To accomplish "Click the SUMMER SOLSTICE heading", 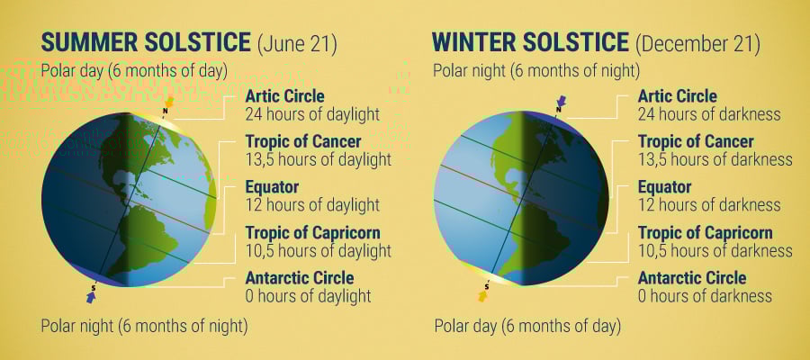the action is (146, 43).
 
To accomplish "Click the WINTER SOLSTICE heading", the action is (530, 43).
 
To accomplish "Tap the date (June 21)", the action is (297, 44).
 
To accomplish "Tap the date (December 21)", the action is (697, 44).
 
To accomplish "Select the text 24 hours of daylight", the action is (312, 114).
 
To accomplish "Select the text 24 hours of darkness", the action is (709, 114).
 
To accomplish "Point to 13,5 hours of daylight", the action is (319, 159).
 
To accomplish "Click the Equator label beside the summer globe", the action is (272, 187).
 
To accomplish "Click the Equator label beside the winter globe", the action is (665, 187).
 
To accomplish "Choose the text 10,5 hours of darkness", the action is (715, 251).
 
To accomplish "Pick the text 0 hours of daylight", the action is (308, 296).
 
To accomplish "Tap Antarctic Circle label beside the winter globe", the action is (692, 278).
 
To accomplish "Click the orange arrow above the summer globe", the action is (169, 101).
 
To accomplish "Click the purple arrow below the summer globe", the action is (92, 296).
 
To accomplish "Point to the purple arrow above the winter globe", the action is (562, 101).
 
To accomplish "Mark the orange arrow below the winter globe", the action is (483, 296).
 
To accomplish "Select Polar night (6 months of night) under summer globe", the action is (144, 327).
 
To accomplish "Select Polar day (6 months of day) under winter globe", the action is (527, 327).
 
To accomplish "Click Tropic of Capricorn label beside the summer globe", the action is (312, 232).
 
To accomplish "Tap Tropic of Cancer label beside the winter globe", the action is (696, 141).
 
